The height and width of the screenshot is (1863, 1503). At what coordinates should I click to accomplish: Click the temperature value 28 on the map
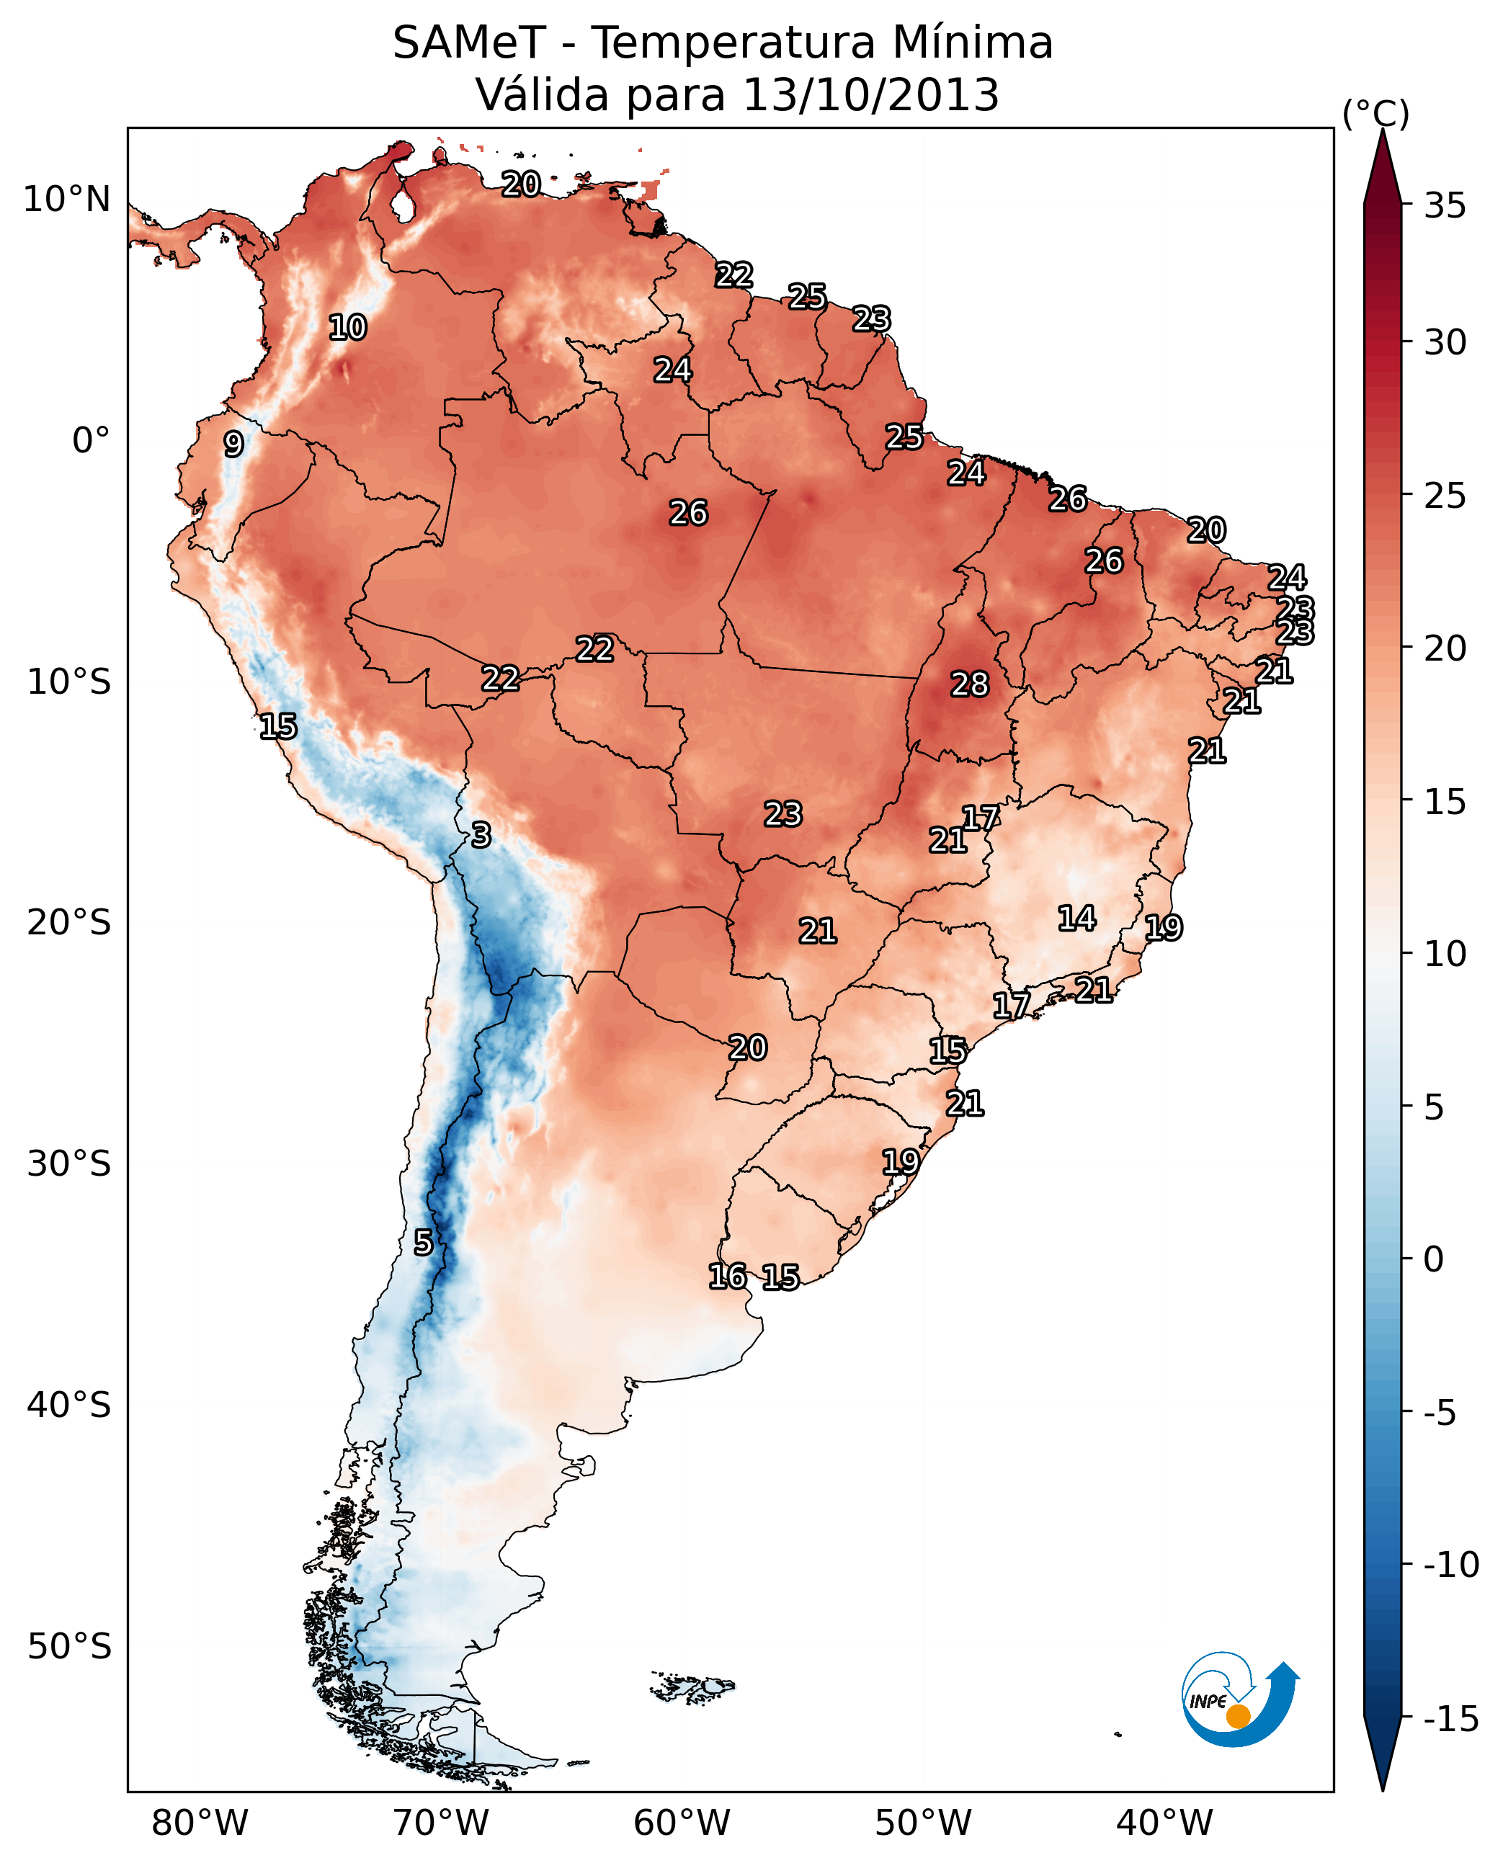click(x=969, y=685)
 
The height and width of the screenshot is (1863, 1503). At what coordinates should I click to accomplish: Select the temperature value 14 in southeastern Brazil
click(x=1076, y=919)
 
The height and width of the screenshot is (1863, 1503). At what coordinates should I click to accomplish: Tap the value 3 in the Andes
click(x=481, y=836)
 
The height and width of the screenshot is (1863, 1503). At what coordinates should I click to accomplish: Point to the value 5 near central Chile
click(x=422, y=1243)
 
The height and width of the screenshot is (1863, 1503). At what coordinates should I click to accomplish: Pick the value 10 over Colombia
click(x=347, y=328)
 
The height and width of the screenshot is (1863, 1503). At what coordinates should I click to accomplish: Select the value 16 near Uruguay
click(x=727, y=1277)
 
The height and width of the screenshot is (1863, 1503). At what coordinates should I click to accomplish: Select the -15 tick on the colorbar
click(x=1450, y=1720)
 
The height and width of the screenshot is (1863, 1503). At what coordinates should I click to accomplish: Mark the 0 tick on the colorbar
click(x=1434, y=1259)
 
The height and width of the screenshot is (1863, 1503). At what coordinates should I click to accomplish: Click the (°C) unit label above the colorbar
click(x=1375, y=113)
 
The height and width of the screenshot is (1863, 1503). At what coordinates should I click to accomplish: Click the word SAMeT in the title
click(x=468, y=43)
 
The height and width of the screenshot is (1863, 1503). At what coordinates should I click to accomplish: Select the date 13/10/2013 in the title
click(x=871, y=95)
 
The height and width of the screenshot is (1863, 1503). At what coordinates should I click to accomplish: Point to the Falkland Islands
click(x=692, y=1687)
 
